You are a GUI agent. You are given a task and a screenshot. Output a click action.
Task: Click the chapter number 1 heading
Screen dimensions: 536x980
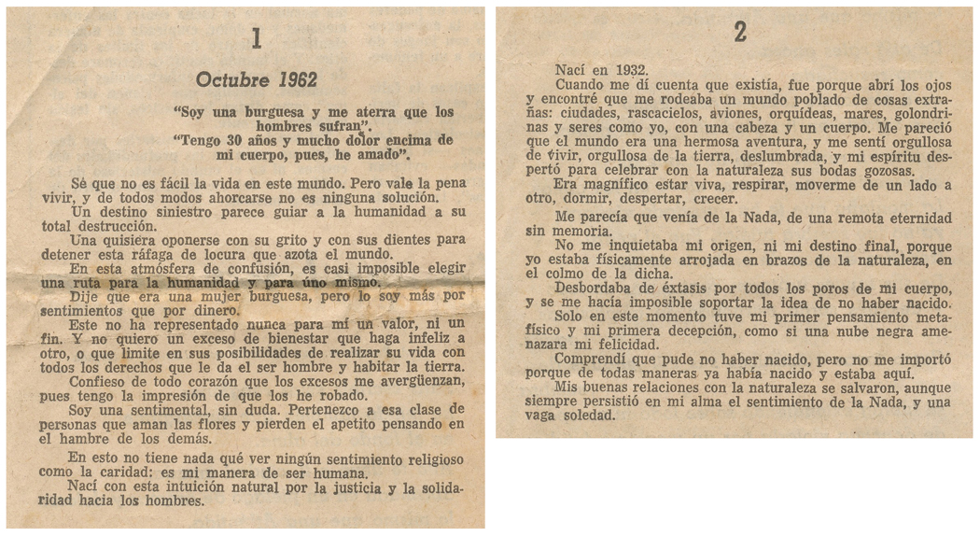[257, 38]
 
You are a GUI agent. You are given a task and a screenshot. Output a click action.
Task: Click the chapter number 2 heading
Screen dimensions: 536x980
[740, 33]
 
